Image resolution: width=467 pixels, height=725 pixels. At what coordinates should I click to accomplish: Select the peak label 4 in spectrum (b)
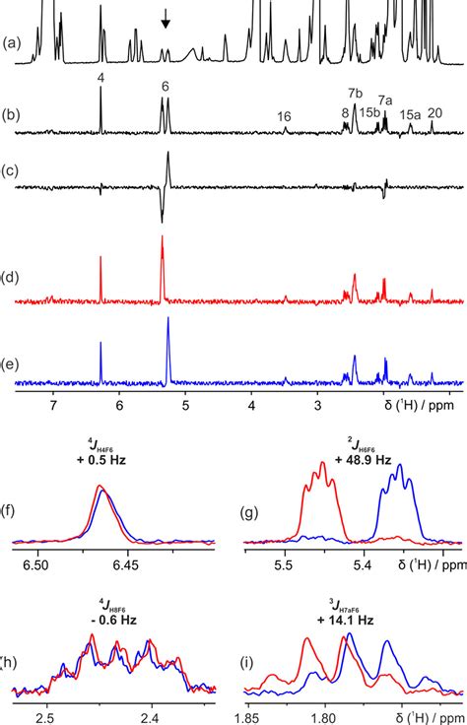[x=100, y=77]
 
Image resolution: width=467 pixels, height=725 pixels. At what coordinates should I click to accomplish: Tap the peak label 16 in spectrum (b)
[x=284, y=116]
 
